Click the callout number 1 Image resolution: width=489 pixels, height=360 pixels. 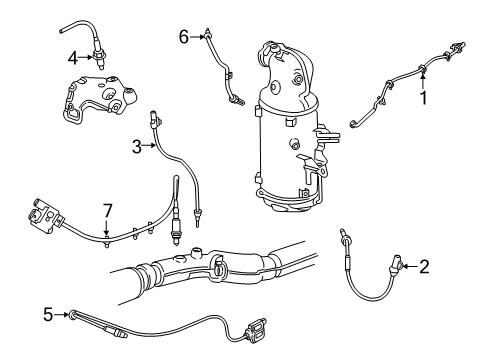point(423,98)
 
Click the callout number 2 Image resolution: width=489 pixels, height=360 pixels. point(424,266)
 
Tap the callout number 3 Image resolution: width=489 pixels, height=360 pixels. point(135,146)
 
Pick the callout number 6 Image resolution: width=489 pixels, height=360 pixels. point(183,36)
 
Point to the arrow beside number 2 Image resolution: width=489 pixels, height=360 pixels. point(410,266)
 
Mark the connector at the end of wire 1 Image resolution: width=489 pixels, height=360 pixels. point(459,46)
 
